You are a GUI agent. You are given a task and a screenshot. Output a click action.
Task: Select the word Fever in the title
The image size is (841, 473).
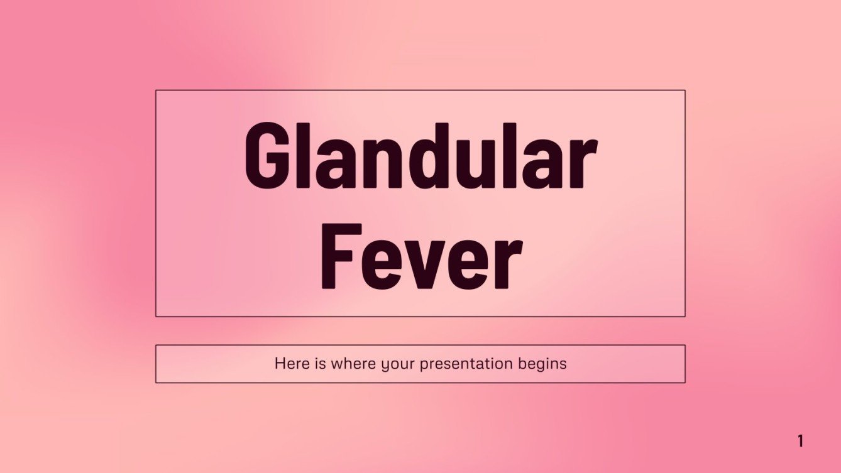420,258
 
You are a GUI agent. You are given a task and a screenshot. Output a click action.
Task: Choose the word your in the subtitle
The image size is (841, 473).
397,364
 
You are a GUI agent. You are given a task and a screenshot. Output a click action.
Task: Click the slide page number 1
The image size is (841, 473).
800,441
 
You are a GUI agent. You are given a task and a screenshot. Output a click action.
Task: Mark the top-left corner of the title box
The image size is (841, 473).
156,90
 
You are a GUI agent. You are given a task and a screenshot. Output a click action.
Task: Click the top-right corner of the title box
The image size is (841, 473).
684,90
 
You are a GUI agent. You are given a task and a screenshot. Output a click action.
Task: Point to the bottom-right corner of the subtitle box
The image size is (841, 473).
684,382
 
